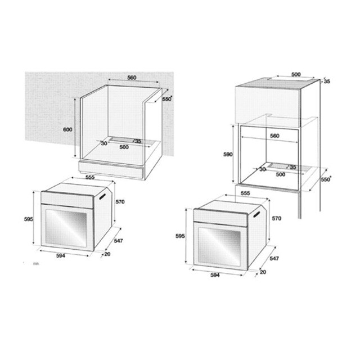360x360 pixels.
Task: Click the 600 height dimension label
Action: [x=67, y=129]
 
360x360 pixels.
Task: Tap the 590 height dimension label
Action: [x=228, y=155]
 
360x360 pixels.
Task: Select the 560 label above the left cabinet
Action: [x=132, y=78]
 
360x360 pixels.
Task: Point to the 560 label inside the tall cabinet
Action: [x=274, y=136]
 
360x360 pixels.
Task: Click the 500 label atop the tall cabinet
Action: [x=296, y=74]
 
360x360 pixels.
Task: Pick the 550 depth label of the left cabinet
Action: [x=167, y=99]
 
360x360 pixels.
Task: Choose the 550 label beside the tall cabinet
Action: [x=326, y=179]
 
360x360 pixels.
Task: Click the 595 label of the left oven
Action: [x=29, y=219]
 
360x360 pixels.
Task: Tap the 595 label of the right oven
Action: [x=180, y=236]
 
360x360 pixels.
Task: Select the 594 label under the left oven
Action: [x=61, y=256]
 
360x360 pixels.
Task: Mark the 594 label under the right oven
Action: [x=215, y=275]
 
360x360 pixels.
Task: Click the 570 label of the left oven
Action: [x=120, y=202]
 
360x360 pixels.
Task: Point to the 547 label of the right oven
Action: [x=274, y=259]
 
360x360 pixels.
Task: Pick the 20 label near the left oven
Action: [x=107, y=254]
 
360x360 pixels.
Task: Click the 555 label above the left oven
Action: [x=90, y=178]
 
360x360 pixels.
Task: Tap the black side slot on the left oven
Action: [x=102, y=197]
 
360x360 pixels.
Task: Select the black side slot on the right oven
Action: [x=256, y=214]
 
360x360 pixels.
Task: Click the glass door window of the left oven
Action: [x=66, y=228]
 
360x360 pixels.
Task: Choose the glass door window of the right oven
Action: [x=219, y=246]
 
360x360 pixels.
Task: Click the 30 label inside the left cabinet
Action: [x=104, y=143]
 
